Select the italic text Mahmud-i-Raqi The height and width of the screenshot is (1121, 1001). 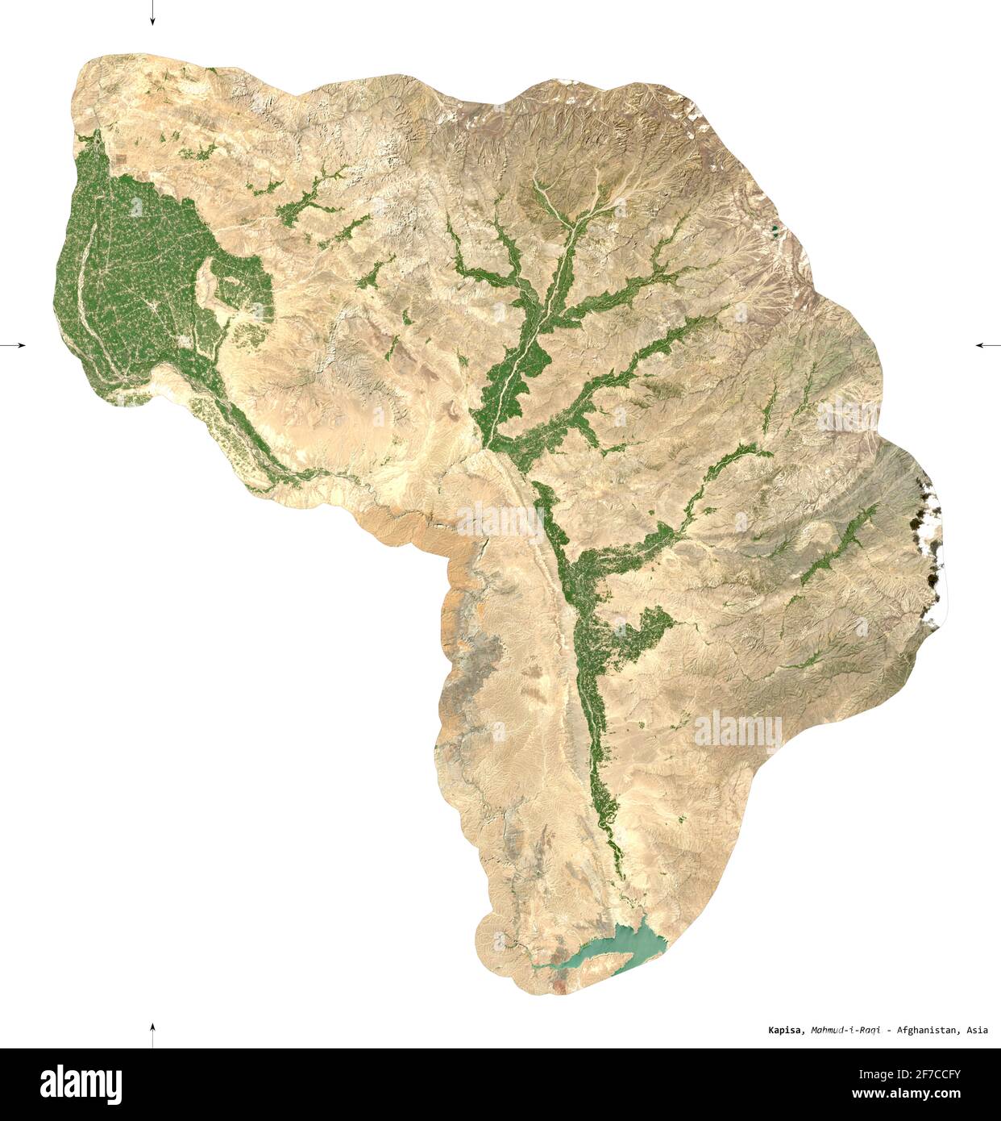click(845, 1030)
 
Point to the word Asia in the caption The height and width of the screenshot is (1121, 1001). click(977, 1030)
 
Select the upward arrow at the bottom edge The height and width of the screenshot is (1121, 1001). click(152, 1033)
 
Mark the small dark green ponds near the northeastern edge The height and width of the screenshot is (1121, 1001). click(775, 231)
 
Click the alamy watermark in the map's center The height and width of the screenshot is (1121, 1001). click(500, 520)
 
